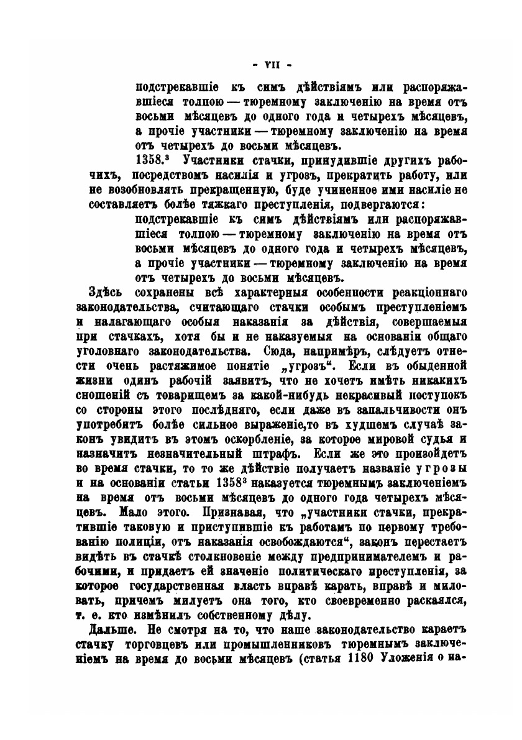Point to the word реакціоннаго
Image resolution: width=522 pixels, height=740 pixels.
point(429,293)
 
